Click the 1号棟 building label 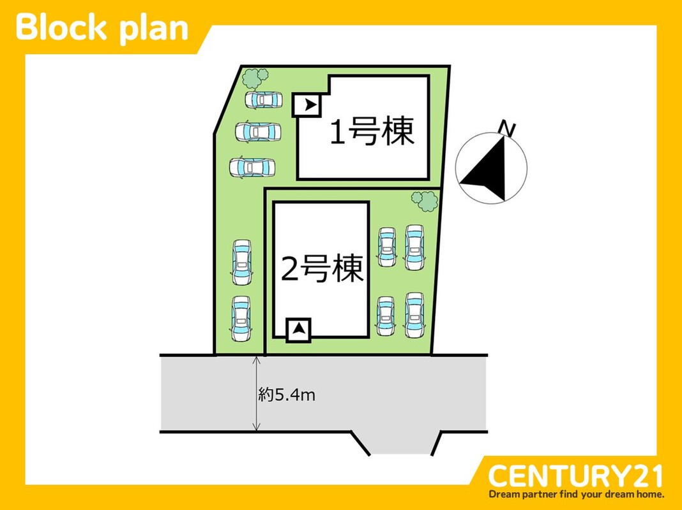(x=372, y=131)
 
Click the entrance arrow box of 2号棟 (x=298, y=330)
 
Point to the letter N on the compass (x=507, y=129)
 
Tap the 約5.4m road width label (x=287, y=395)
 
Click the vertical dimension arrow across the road (x=257, y=393)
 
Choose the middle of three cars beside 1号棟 (x=257, y=132)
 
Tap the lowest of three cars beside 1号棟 (x=252, y=167)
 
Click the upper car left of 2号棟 (x=242, y=262)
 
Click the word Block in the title (x=61, y=28)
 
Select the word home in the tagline (x=649, y=494)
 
